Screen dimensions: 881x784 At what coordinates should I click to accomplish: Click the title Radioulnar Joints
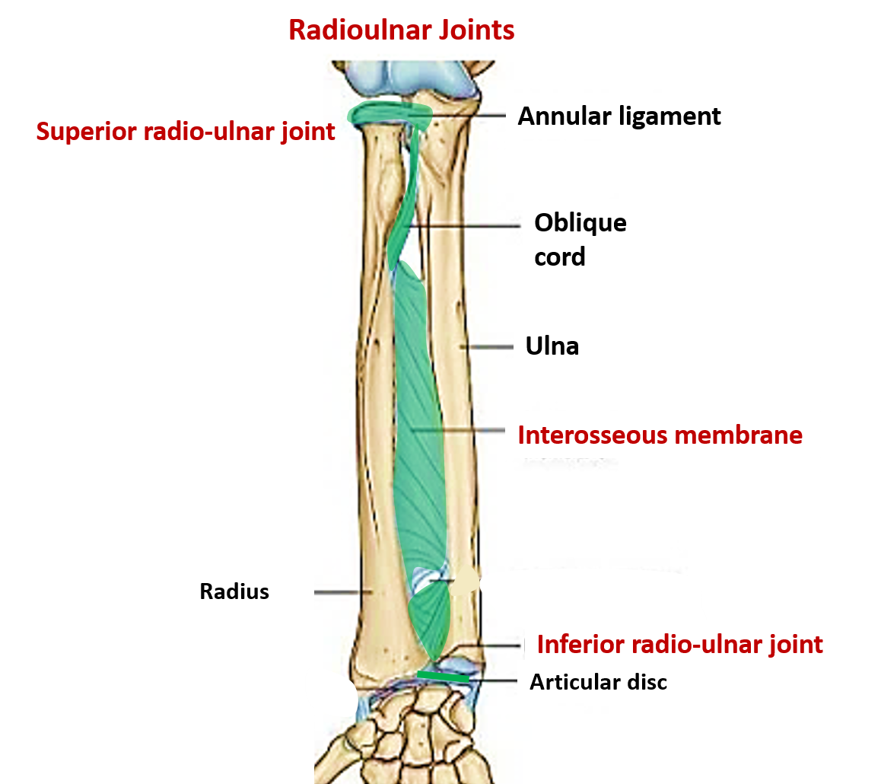point(401,30)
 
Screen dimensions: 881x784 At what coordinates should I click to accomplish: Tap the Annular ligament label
point(619,116)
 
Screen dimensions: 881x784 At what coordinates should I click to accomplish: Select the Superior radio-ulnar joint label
point(186,132)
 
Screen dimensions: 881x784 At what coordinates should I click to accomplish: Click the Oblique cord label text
point(580,240)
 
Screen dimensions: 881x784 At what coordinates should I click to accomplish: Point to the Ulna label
point(552,346)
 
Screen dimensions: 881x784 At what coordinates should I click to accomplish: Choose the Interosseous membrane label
point(660,435)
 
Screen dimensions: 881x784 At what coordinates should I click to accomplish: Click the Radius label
point(234,591)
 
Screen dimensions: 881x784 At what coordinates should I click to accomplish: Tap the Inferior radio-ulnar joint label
point(680,645)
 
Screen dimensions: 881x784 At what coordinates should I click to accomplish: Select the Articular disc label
point(599,682)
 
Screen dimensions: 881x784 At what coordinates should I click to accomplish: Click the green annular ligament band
point(390,114)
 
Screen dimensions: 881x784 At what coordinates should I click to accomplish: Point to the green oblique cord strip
point(406,196)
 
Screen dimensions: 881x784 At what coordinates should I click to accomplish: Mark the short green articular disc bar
point(443,676)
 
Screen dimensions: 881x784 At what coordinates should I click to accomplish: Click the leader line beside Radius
point(337,591)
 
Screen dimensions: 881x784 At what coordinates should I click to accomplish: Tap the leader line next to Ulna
point(487,347)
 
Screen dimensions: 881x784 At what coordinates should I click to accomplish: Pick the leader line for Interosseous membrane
point(458,431)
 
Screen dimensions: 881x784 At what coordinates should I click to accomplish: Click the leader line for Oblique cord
point(465,226)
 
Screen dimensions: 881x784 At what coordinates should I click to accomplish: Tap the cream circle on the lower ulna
point(465,581)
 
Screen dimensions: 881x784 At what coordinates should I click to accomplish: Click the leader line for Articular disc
point(493,680)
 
